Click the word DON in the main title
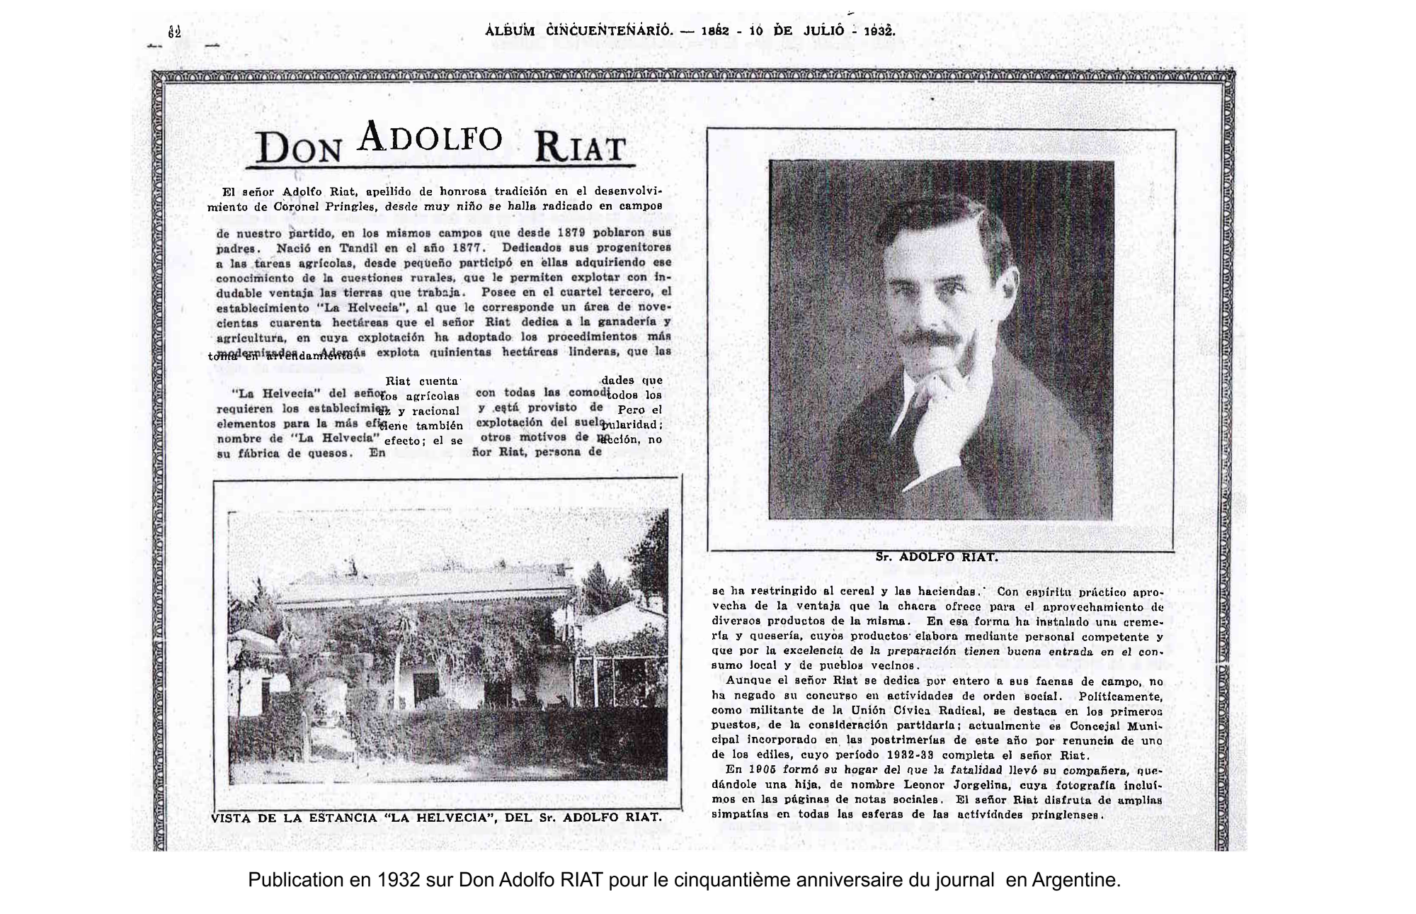(x=299, y=147)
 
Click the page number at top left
(x=175, y=32)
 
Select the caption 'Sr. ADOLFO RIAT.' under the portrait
(x=936, y=557)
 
